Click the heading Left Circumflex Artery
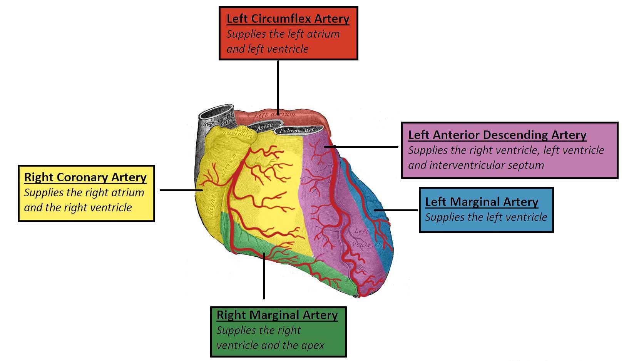coord(288,18)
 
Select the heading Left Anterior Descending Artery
coord(497,135)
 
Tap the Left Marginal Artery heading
coord(482,202)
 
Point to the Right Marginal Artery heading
coord(277,315)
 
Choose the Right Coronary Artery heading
coord(85,177)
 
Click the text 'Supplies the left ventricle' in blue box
coord(486,217)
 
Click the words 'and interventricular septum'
coord(476,165)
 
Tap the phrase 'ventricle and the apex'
coord(270,345)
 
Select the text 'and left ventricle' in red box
coord(268,49)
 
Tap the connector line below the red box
coord(278,85)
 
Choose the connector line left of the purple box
coord(366,147)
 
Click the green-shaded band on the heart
coord(246,241)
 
